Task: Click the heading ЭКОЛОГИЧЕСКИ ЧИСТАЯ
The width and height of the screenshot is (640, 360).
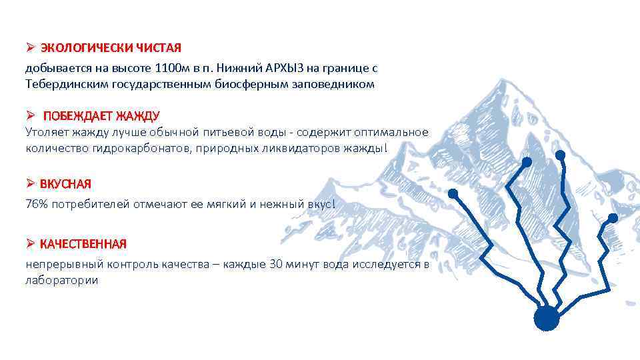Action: tap(111, 48)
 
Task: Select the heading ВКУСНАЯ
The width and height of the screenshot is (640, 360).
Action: tap(65, 183)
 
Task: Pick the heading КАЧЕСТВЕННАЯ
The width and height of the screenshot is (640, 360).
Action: tap(83, 244)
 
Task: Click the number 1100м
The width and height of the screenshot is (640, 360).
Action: tap(171, 68)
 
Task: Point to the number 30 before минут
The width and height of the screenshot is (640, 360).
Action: tap(276, 265)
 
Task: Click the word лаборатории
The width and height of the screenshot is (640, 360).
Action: tap(62, 281)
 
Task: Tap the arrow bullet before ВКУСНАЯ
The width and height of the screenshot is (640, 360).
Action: tap(30, 183)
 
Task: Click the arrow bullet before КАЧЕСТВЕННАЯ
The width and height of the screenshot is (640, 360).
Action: tap(30, 244)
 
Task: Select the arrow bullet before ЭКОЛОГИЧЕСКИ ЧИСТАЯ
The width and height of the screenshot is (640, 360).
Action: tap(30, 48)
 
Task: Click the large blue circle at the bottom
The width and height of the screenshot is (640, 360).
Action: tap(547, 318)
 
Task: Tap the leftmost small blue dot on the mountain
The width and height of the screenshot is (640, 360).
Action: tap(453, 193)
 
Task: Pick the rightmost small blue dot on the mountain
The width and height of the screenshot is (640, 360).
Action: tap(613, 218)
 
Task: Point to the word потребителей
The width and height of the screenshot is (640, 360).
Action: tap(93, 204)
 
